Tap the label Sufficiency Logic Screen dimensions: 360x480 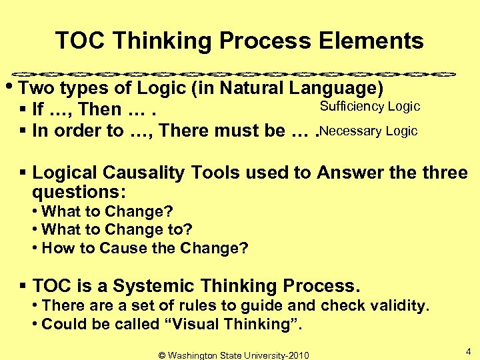pos(369,107)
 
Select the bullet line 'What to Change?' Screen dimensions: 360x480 pos(107,211)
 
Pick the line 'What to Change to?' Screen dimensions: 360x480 pos(117,230)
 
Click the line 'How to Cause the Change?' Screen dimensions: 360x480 pos(144,249)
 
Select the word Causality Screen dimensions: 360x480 pos(143,173)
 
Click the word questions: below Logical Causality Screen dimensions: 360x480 pos(79,192)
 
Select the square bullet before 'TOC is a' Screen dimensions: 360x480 pos(24,287)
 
